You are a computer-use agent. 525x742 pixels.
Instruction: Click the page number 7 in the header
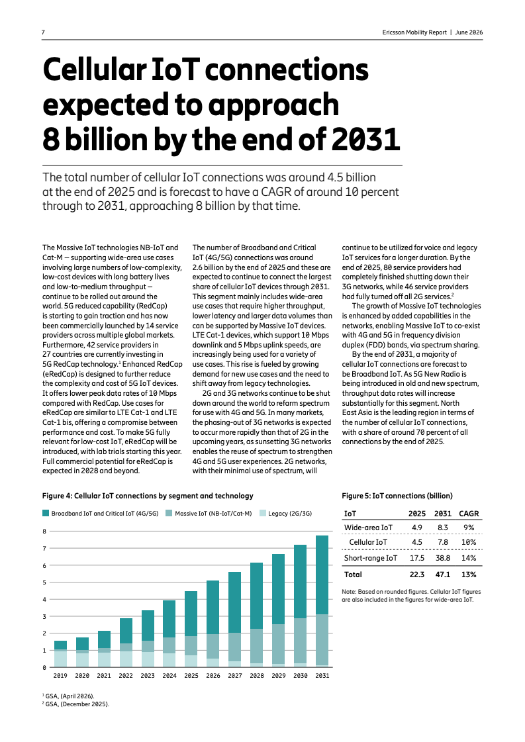click(x=43, y=32)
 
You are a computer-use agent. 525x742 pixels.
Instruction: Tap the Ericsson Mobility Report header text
click(x=414, y=32)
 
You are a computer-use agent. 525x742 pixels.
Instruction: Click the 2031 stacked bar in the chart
click(x=322, y=601)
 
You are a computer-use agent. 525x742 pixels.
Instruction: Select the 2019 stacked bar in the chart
click(x=61, y=653)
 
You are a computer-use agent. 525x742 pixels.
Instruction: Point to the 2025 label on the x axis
click(x=191, y=675)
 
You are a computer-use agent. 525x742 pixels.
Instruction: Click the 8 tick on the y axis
click(x=44, y=531)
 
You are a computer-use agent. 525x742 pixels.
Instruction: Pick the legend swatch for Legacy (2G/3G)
click(x=263, y=513)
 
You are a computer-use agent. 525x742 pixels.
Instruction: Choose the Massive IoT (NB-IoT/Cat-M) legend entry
click(x=209, y=513)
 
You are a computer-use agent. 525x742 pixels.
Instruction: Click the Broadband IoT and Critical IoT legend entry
click(x=101, y=513)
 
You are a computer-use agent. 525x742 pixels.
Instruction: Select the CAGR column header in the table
click(x=469, y=514)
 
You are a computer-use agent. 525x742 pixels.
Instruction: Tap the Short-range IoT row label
click(x=371, y=558)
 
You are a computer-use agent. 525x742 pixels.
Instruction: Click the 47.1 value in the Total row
click(x=443, y=575)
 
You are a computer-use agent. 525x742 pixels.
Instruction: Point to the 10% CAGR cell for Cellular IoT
click(x=469, y=542)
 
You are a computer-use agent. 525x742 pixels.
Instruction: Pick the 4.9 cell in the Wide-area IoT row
click(x=417, y=528)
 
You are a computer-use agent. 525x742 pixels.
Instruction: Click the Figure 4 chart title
click(x=148, y=496)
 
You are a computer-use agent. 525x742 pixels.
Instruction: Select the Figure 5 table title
click(x=397, y=496)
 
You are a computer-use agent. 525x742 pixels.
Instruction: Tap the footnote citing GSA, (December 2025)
click(x=75, y=704)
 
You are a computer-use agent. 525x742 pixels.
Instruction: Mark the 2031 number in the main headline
click(x=365, y=140)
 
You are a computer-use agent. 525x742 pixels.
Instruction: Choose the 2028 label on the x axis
click(x=257, y=675)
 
